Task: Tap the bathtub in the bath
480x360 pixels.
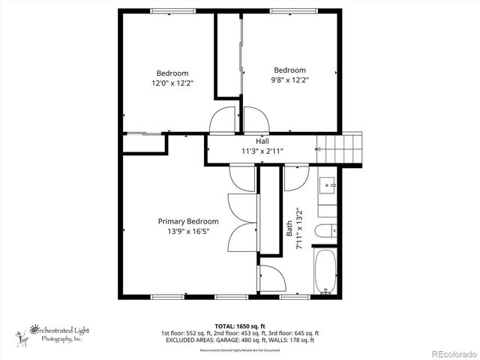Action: click(x=325, y=271)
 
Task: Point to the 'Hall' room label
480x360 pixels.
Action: click(x=262, y=141)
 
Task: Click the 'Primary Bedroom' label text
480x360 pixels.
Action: click(x=187, y=221)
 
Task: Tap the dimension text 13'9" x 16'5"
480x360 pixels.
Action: click(x=187, y=232)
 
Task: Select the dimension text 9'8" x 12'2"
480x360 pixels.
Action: click(x=289, y=79)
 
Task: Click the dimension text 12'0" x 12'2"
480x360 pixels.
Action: click(x=172, y=83)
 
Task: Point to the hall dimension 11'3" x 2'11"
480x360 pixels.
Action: click(x=262, y=151)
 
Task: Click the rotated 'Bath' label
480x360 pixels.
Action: click(x=290, y=228)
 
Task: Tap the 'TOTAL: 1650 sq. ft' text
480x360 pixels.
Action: click(x=239, y=325)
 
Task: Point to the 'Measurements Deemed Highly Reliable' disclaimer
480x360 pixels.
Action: click(x=239, y=350)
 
